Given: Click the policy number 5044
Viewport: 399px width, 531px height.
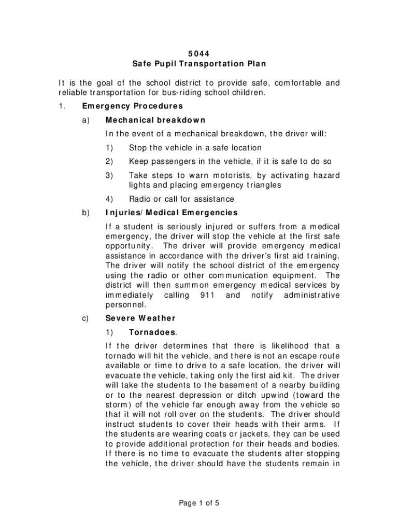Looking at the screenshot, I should coord(199,52).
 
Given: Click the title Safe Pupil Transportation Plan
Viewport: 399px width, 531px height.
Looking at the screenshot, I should coord(199,64).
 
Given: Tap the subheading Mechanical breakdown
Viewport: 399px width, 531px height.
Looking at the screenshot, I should coord(155,120).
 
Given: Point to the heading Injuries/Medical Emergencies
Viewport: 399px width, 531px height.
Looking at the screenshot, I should coord(171,212).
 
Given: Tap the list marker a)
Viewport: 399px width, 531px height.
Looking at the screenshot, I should coord(86,120).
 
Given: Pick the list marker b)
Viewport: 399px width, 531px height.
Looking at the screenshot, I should coord(86,212).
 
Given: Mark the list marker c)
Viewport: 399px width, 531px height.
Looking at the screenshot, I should coord(86,318).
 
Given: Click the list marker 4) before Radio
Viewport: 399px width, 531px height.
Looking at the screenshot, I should coord(109,199).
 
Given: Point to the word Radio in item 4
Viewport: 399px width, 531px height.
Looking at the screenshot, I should coord(140,199).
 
